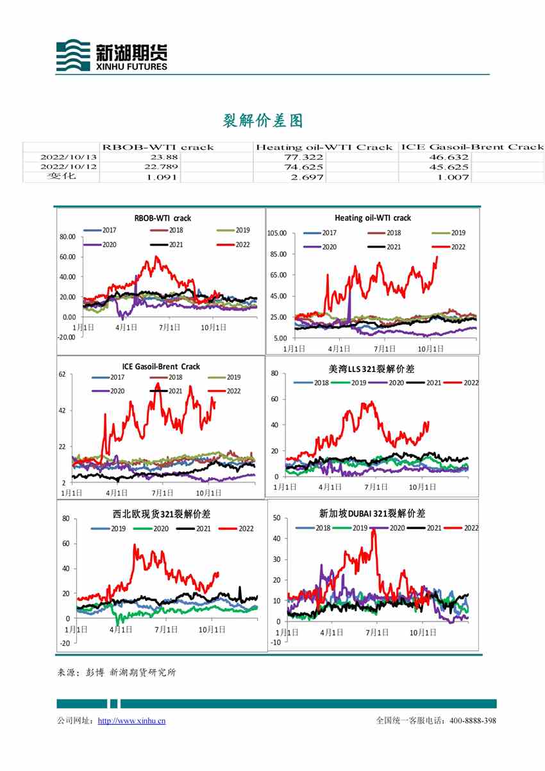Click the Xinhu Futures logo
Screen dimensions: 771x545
(112, 56)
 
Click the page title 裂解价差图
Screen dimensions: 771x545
(262, 120)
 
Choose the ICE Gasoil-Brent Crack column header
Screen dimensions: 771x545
(472, 147)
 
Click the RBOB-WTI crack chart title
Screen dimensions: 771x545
(162, 218)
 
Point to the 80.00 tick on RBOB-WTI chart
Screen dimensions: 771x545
(67, 237)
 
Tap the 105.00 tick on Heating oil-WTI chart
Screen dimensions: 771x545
(276, 233)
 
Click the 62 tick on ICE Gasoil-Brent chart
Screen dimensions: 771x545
(63, 374)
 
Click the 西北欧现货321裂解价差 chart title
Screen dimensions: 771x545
(162, 514)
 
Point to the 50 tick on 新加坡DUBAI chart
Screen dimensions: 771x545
(277, 518)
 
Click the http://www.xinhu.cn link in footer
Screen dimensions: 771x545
(131, 721)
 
